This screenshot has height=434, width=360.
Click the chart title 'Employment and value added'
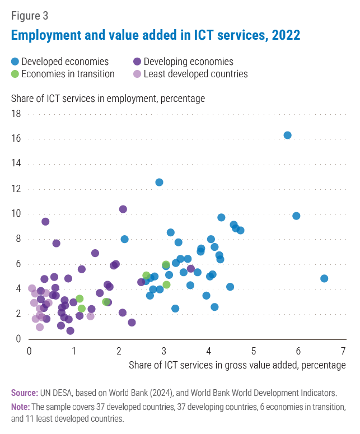click(156, 35)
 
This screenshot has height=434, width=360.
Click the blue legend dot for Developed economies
click(15, 62)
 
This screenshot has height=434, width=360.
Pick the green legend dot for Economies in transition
click(15, 73)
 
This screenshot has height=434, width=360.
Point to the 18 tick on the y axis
click(16, 114)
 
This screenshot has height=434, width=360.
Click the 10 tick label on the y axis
click(16, 214)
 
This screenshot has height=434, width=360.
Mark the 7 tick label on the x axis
click(343, 351)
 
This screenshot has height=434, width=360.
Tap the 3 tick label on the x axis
click(164, 351)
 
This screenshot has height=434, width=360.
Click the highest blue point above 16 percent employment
click(287, 135)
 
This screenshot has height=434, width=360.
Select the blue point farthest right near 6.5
click(324, 278)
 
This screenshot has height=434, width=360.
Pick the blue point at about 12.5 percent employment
click(159, 182)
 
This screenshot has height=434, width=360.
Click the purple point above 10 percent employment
click(123, 209)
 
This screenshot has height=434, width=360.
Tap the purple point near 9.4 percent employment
click(45, 221)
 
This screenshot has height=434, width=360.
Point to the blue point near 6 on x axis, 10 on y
click(296, 216)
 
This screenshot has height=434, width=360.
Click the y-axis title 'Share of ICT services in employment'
click(108, 99)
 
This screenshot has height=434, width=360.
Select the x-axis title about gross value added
click(237, 365)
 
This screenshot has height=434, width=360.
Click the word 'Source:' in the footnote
click(25, 393)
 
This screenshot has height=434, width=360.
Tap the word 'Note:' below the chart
click(21, 406)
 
